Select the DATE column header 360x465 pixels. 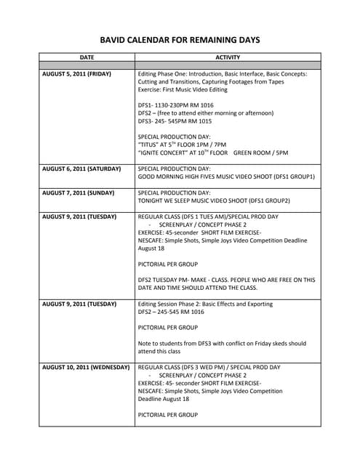(x=87, y=56)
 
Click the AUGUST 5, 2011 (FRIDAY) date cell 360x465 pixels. (x=76, y=73)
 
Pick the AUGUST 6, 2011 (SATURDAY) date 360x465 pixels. (x=81, y=168)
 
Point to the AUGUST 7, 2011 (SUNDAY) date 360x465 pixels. (x=78, y=191)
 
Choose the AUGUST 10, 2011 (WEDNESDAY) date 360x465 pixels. (x=86, y=367)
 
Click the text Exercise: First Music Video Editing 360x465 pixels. (x=183, y=89)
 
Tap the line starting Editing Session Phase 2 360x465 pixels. (x=205, y=304)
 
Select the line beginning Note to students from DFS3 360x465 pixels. (x=222, y=343)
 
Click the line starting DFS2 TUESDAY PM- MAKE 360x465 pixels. (x=226, y=279)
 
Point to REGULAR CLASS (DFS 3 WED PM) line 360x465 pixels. (x=209, y=367)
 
